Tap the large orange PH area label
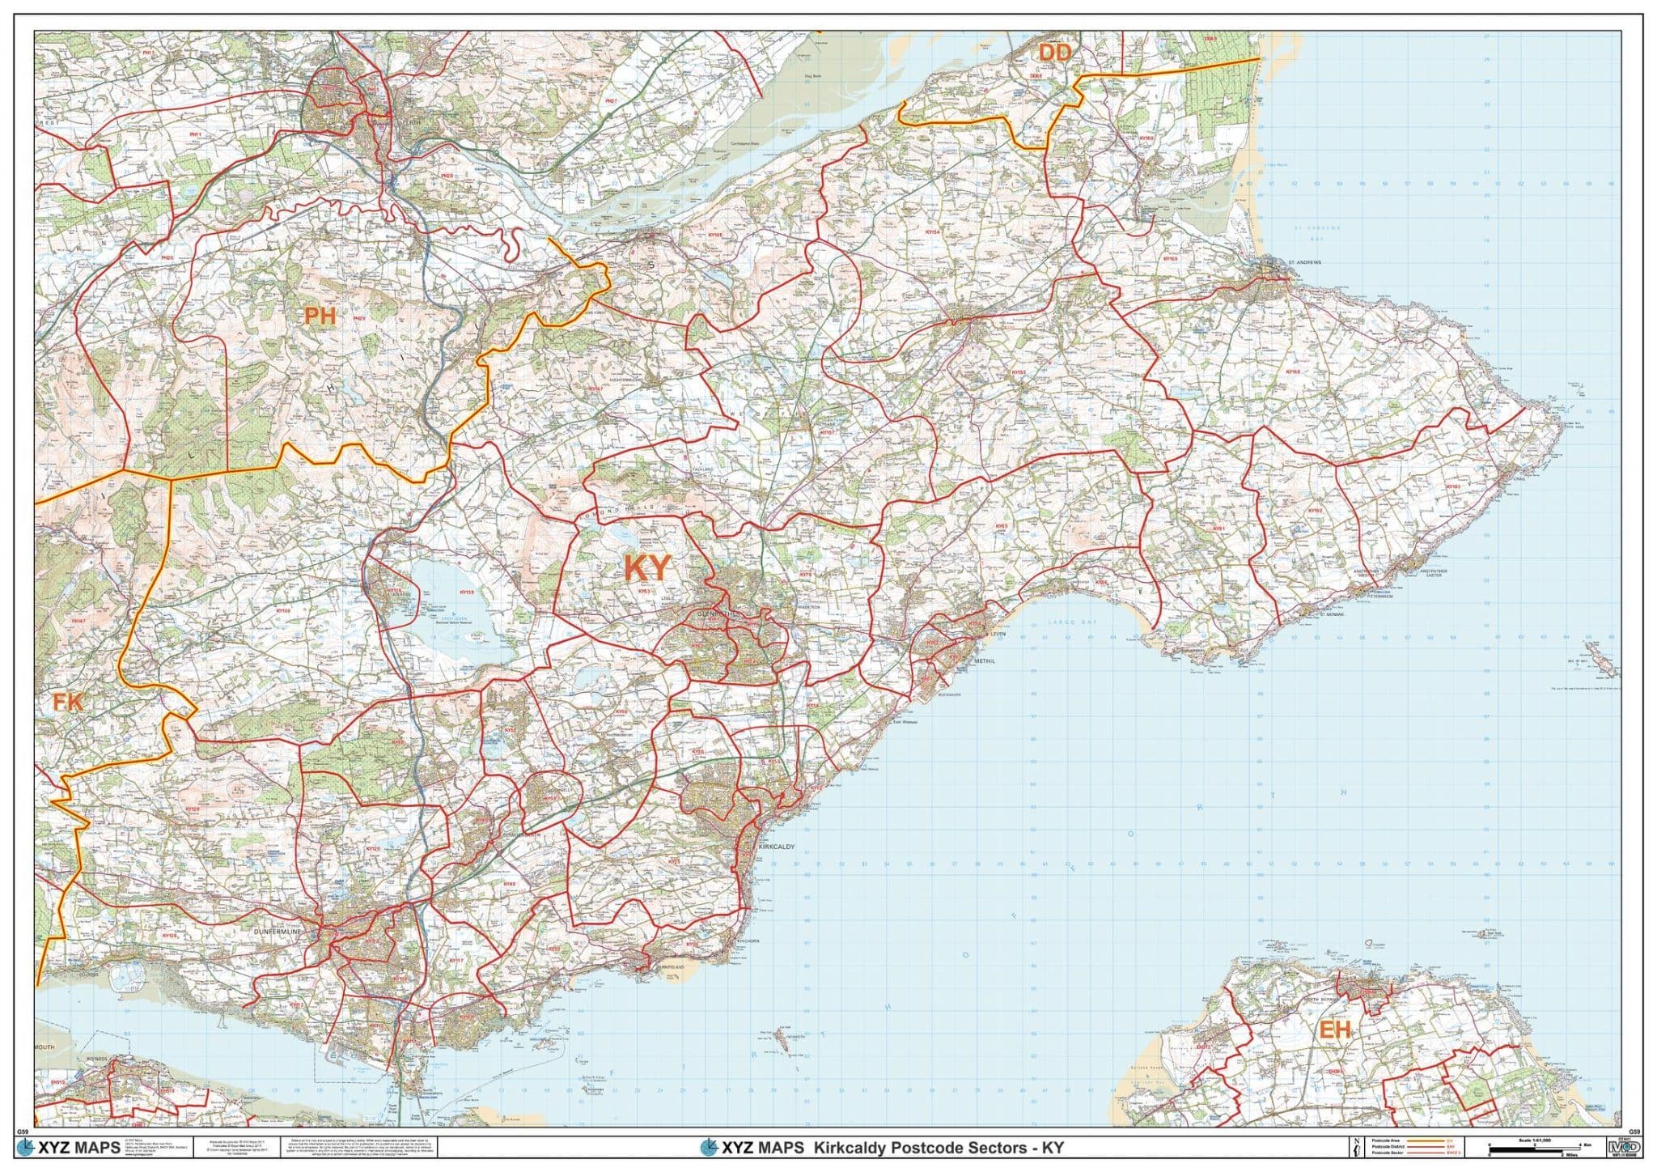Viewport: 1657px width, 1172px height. (x=320, y=316)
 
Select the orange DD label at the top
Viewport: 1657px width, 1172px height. (x=1055, y=53)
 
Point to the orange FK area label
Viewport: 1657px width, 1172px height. (x=68, y=702)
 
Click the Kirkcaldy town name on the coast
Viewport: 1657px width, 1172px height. (x=778, y=846)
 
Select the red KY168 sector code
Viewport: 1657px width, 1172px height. (x=1293, y=372)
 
